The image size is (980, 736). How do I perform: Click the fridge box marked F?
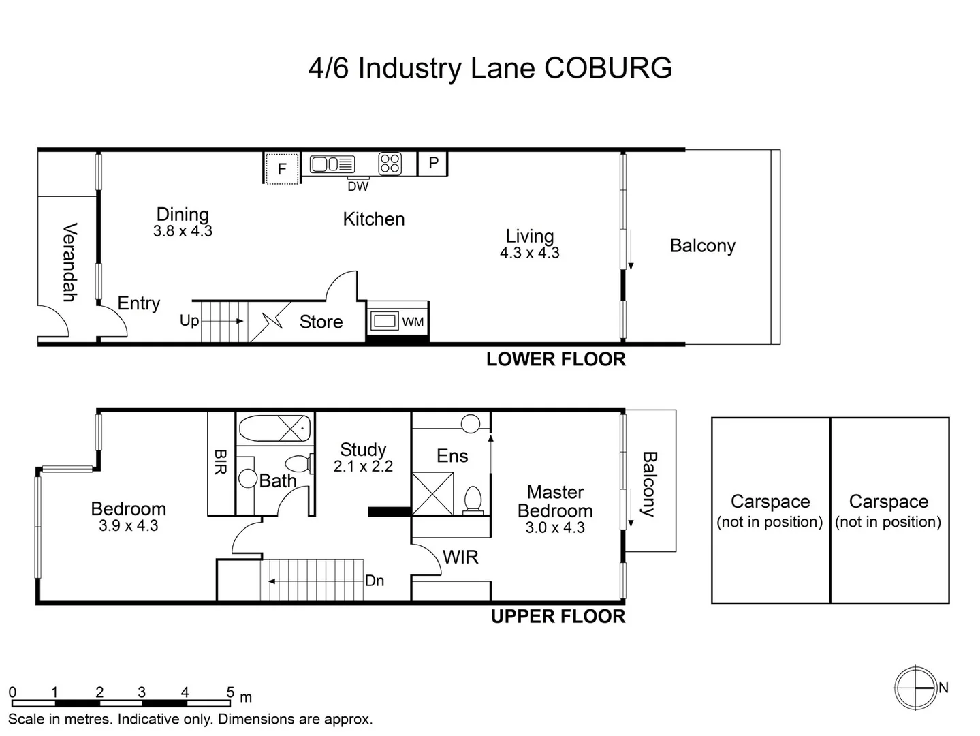(281, 168)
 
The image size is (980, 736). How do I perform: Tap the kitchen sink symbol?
(332, 164)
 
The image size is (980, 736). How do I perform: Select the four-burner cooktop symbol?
(390, 164)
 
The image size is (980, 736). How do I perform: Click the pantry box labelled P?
(433, 164)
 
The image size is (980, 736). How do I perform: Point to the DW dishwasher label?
(358, 186)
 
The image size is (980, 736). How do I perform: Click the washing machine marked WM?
(398, 321)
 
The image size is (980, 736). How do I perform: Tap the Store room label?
(321, 322)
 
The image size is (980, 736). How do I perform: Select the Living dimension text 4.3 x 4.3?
(529, 253)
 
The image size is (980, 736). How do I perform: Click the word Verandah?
(69, 262)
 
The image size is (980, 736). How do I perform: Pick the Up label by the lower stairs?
(189, 320)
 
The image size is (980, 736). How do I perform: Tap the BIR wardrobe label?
(221, 462)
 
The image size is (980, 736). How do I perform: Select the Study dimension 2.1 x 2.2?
(363, 467)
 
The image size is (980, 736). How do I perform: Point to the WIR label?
(460, 557)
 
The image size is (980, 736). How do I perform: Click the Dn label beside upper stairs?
(375, 581)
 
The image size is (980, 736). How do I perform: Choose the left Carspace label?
(770, 502)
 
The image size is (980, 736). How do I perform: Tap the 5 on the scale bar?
(230, 692)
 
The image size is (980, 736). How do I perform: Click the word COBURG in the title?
(608, 68)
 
